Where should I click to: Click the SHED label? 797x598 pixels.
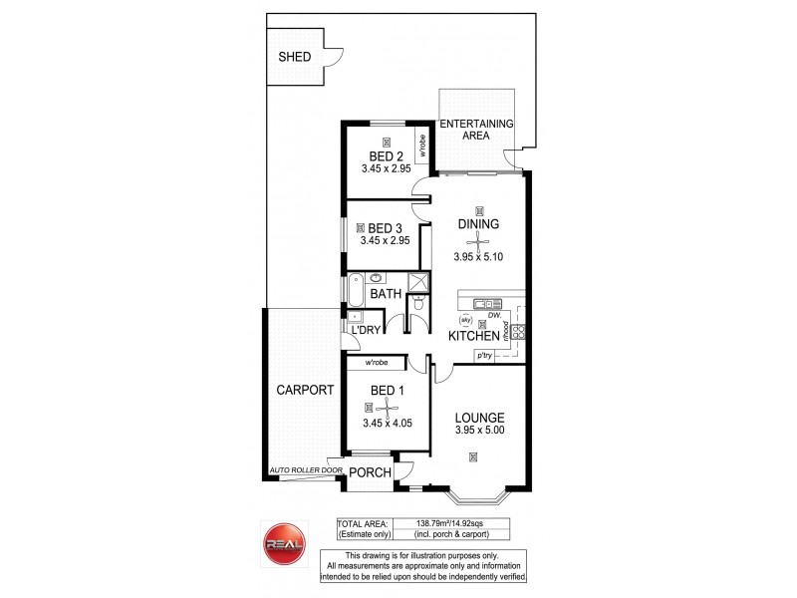point(294,57)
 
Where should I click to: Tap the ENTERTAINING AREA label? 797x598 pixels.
point(476,129)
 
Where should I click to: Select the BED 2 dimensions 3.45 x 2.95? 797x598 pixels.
point(387,169)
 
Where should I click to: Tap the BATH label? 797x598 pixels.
point(385,295)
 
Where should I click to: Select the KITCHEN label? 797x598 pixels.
point(473,337)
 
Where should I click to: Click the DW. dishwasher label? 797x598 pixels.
point(493,316)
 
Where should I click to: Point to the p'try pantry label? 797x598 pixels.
point(485,355)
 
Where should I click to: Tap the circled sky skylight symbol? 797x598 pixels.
point(464,320)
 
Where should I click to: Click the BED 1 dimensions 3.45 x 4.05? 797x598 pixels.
point(387,423)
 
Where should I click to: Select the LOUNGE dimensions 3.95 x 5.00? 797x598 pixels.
point(481,433)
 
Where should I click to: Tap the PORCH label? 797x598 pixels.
point(369,472)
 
